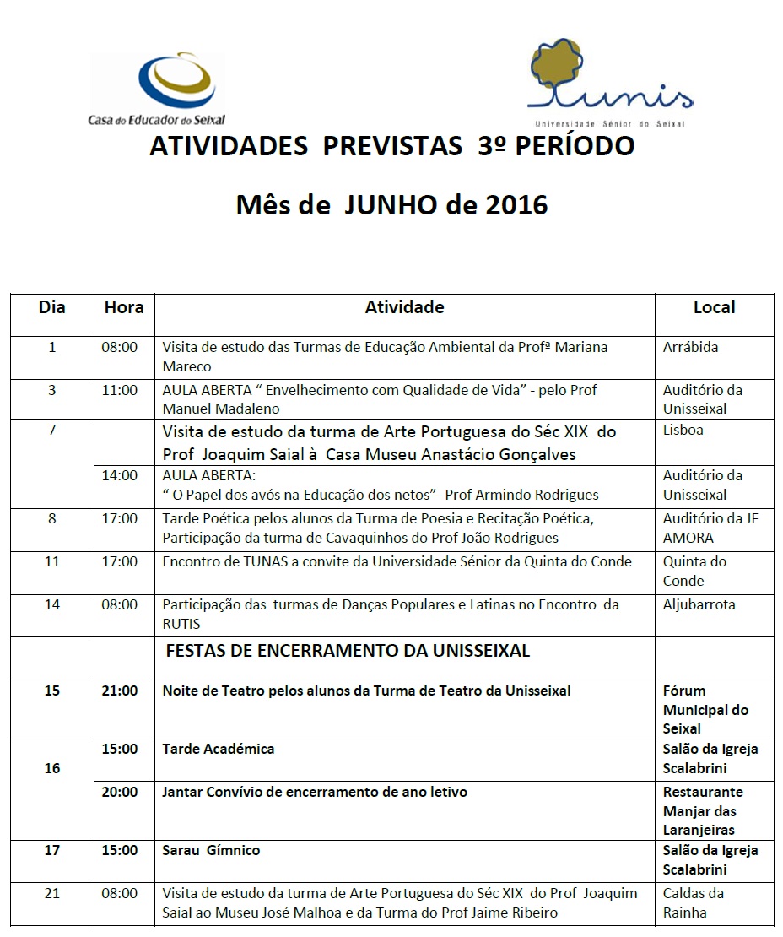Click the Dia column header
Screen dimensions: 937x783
pos(52,307)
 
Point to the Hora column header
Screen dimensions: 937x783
pos(124,307)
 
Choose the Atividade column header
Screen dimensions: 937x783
pos(404,307)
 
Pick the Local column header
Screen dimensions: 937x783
pos(714,307)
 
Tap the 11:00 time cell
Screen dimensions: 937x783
pos(119,390)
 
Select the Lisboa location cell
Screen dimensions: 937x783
pos(683,430)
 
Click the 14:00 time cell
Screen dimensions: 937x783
pos(119,475)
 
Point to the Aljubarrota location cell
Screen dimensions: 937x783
pos(699,604)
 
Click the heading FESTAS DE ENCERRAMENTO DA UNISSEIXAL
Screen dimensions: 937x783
pos(348,651)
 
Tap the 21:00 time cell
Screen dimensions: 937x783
pos(120,691)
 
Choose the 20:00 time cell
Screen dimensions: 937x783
pos(120,792)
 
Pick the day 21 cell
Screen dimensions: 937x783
pos(52,893)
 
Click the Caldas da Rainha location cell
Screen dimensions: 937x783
pos(694,902)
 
